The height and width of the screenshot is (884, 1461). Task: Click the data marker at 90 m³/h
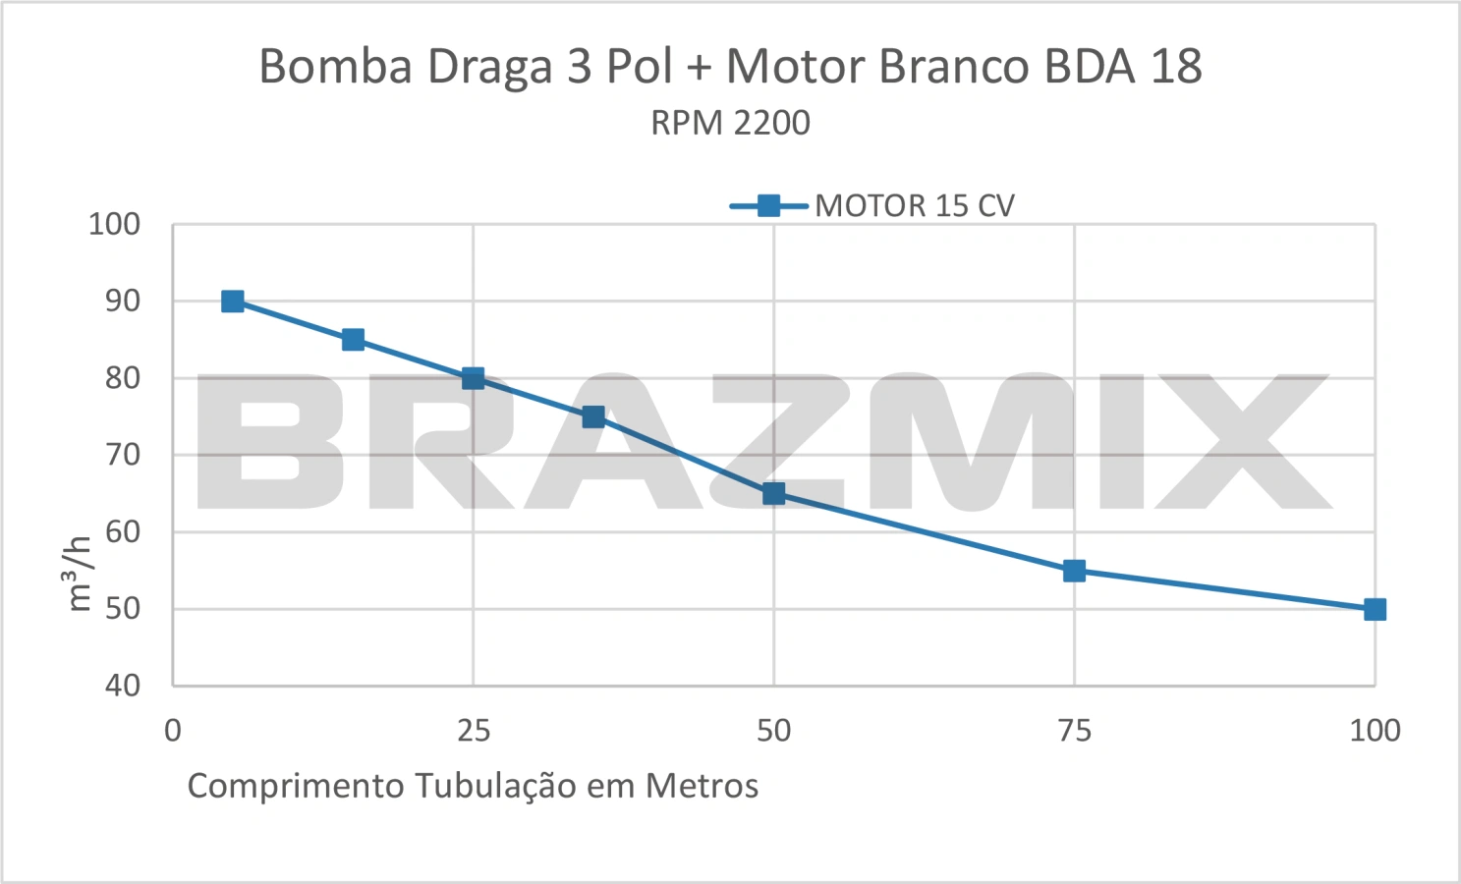click(233, 302)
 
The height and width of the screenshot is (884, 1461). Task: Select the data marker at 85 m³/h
click(353, 340)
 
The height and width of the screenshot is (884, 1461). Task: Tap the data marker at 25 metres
click(473, 378)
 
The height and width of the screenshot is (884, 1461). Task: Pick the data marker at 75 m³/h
click(592, 416)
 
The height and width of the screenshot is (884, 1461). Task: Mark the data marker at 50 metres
click(773, 493)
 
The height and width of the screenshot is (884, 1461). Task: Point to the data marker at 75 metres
click(1074, 571)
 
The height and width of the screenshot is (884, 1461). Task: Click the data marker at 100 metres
click(1375, 610)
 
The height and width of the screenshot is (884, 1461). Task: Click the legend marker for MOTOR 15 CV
click(769, 206)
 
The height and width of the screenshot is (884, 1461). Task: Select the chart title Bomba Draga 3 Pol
click(466, 67)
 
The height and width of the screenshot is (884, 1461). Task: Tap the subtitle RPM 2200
click(731, 123)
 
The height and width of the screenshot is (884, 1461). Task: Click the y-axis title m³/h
click(80, 574)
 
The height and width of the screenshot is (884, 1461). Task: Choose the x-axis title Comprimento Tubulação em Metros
click(473, 786)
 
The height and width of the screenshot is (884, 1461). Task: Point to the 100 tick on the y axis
click(114, 224)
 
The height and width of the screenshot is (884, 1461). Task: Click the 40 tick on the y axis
click(123, 686)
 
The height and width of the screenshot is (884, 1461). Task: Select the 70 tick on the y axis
click(123, 455)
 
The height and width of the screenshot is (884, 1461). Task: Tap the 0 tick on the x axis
click(173, 731)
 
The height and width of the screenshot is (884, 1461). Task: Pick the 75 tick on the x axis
click(1074, 731)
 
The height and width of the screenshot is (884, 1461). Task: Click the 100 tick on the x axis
click(1375, 731)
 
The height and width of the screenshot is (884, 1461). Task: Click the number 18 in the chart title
click(1176, 66)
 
